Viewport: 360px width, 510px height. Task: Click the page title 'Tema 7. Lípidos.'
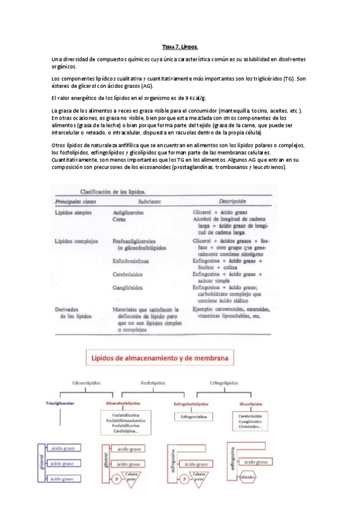click(180, 46)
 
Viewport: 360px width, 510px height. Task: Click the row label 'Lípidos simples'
click(73, 213)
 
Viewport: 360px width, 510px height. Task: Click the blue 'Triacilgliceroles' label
click(60, 404)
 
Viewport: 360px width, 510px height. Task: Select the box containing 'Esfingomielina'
click(192, 416)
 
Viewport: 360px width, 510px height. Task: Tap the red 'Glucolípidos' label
click(251, 404)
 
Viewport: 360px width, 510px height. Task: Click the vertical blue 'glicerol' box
click(41, 464)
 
